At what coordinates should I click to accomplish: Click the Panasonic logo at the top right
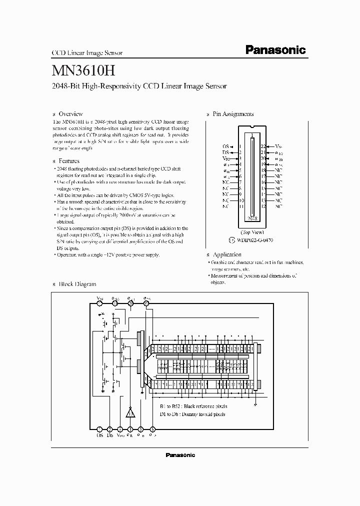click(275, 50)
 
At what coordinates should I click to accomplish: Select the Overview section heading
click(70, 114)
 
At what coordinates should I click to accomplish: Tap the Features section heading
click(69, 161)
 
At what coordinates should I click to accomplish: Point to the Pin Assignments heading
click(233, 114)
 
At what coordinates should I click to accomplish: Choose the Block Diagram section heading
click(77, 284)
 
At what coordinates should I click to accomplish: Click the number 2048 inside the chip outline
click(252, 218)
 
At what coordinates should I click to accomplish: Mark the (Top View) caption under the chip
click(252, 232)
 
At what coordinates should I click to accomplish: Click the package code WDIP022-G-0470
click(255, 240)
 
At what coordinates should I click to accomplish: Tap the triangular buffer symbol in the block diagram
click(130, 412)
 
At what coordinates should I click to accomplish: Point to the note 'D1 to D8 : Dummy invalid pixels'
click(192, 414)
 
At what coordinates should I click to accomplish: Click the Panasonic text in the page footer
click(180, 455)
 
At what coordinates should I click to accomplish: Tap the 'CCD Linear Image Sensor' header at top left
click(87, 52)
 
